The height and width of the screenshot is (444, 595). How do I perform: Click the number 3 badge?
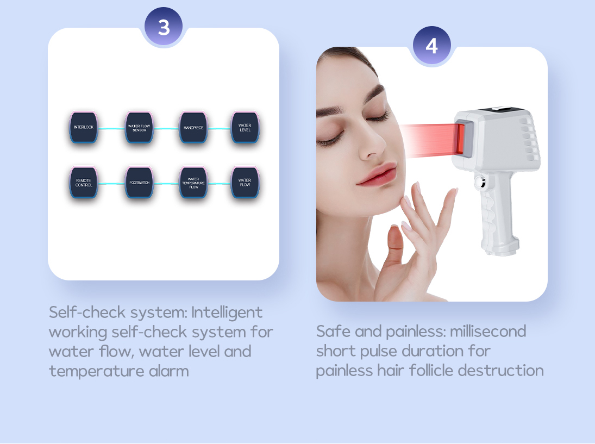tap(164, 27)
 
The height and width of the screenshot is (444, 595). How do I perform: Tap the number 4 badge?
tap(432, 46)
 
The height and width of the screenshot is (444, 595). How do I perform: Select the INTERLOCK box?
tap(84, 127)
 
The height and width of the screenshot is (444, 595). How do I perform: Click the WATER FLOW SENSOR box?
tap(139, 128)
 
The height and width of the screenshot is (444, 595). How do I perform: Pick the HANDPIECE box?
tap(193, 128)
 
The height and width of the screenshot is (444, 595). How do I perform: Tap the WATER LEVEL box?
tap(245, 128)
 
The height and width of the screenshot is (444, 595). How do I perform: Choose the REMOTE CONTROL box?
tap(84, 183)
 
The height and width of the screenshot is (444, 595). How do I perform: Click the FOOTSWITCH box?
tap(139, 183)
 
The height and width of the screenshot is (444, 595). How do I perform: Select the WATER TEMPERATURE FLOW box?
tap(193, 183)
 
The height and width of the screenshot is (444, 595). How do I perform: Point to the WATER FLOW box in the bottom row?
tap(245, 183)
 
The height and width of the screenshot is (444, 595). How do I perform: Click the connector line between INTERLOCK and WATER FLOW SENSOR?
tap(111, 129)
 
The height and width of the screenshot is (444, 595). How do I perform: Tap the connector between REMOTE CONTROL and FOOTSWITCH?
tap(111, 184)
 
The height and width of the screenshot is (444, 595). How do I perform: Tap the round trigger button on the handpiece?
tap(481, 182)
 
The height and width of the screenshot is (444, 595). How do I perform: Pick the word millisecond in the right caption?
tap(488, 332)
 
